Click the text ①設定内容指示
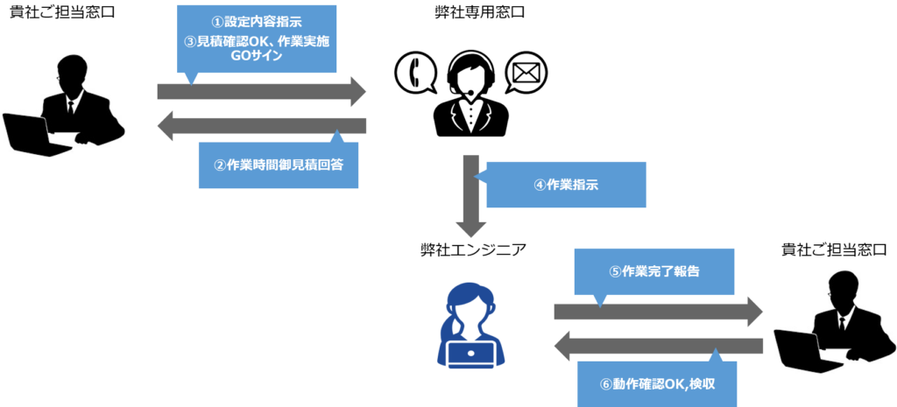pyautogui.click(x=256, y=22)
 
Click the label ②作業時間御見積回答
pyautogui.click(x=279, y=165)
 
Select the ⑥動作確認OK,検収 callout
pyautogui.click(x=658, y=383)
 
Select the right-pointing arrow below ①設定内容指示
pyautogui.click(x=263, y=92)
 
